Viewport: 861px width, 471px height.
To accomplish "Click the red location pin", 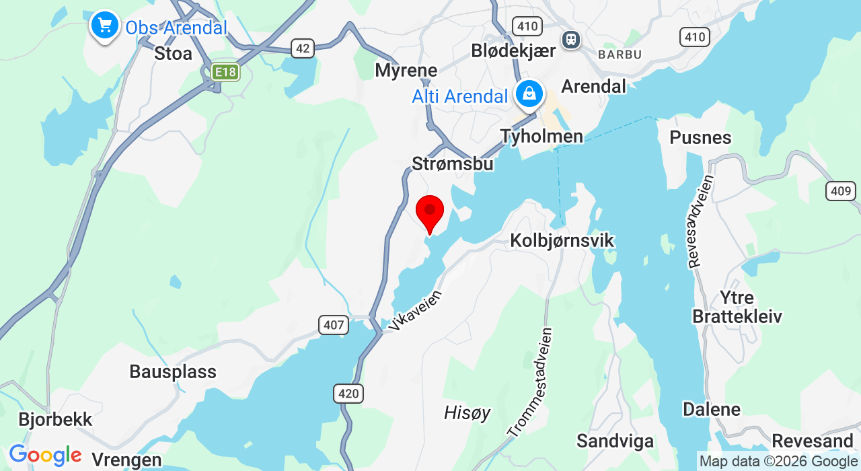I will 430,212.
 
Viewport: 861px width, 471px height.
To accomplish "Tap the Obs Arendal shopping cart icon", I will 104,26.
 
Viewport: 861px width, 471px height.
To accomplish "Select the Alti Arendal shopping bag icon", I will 529,94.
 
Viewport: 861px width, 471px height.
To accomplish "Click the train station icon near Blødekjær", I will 572,39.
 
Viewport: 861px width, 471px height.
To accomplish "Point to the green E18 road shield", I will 225,72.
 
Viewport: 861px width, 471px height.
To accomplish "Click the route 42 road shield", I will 303,48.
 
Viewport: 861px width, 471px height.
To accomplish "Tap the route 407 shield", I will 333,326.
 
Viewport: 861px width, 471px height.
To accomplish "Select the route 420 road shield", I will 348,393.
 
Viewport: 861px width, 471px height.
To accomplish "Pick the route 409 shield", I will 841,191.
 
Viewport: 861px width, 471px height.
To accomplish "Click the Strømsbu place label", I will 453,164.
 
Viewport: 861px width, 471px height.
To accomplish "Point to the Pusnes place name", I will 700,137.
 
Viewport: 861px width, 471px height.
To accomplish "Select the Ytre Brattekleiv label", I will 737,307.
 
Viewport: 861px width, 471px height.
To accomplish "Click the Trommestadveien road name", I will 531,382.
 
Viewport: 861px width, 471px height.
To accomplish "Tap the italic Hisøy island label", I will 467,412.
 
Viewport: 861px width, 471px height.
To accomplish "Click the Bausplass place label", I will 173,371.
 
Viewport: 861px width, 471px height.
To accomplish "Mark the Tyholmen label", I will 541,137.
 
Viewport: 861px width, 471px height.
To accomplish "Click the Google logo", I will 44,456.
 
